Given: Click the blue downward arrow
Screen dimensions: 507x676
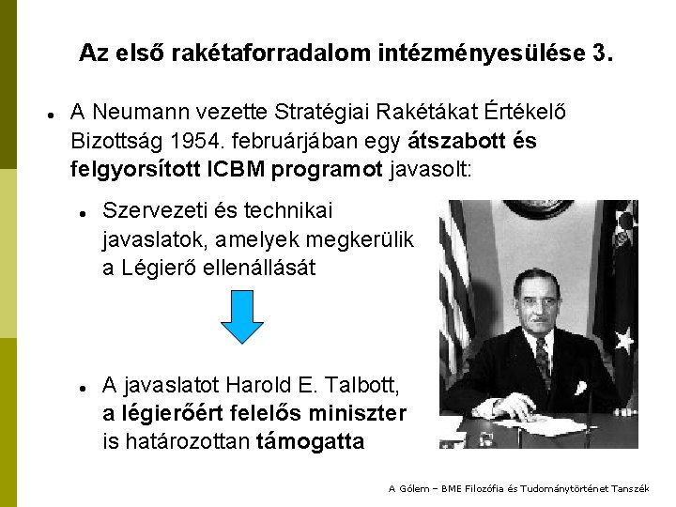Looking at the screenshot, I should [x=241, y=317].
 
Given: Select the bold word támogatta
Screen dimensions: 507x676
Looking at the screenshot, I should [x=310, y=440].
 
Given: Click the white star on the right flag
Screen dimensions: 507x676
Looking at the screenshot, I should [x=624, y=338].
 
